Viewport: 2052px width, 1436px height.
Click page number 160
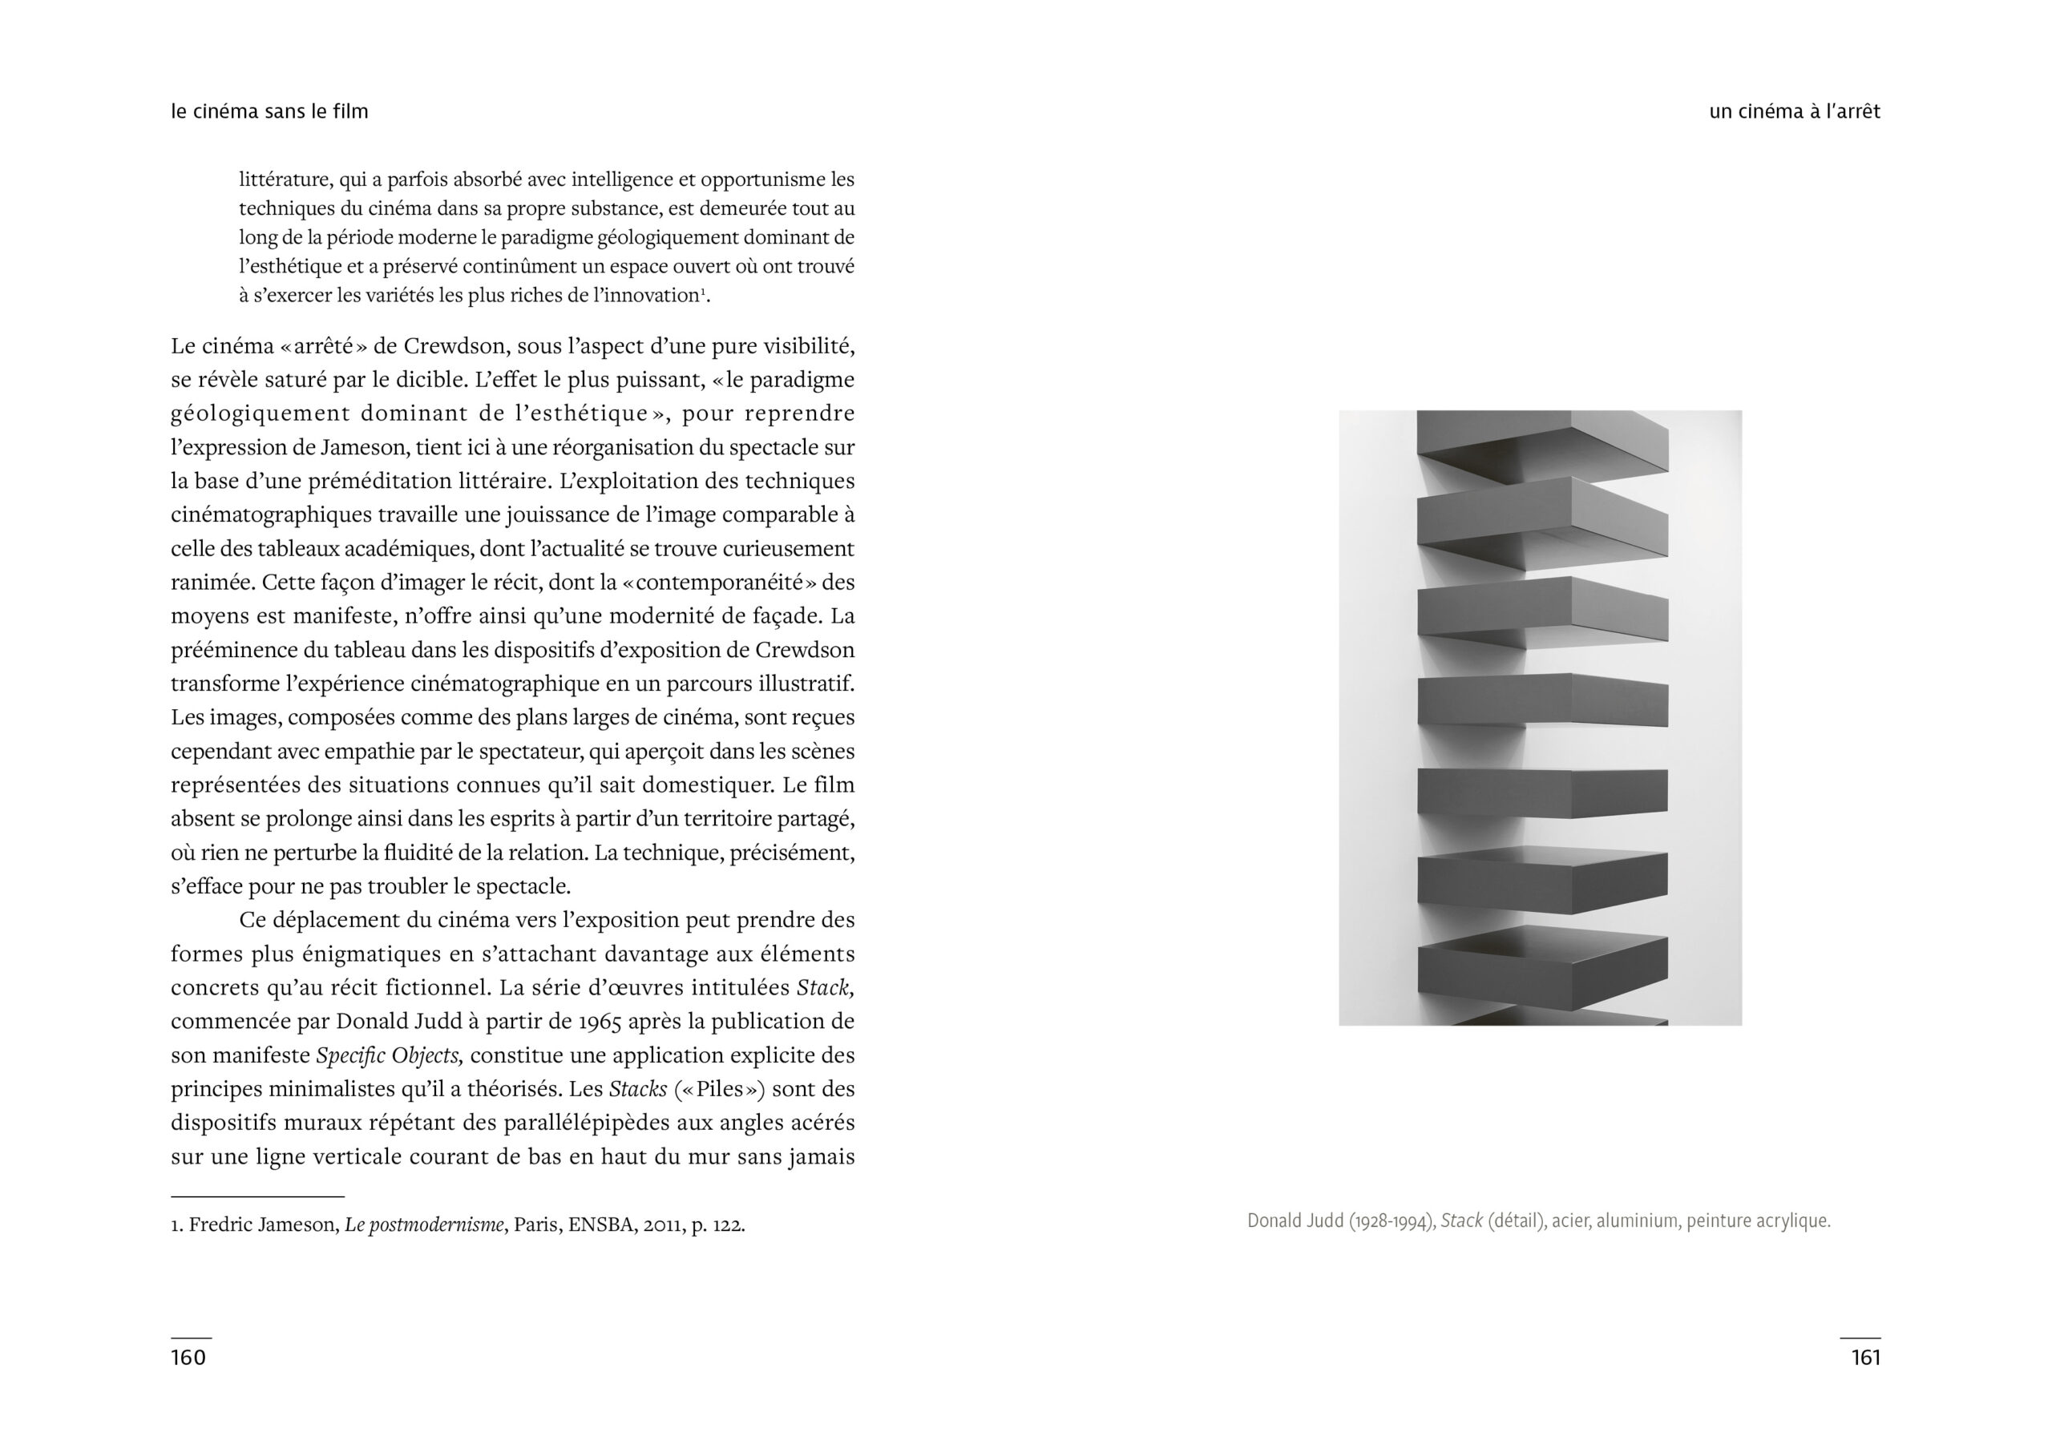tap(188, 1357)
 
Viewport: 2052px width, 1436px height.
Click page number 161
tap(1865, 1357)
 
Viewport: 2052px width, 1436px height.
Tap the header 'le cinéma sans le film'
tap(270, 111)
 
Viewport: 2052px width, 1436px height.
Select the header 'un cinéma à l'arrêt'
tap(1794, 111)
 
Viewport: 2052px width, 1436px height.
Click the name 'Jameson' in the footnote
tap(297, 1224)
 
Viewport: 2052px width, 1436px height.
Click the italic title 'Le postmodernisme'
tap(425, 1224)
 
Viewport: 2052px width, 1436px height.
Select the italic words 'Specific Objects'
tap(389, 1055)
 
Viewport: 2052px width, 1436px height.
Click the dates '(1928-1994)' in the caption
tap(1392, 1220)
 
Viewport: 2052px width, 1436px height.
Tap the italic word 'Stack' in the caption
tap(1461, 1220)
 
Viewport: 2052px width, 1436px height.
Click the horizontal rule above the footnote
tap(257, 1196)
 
